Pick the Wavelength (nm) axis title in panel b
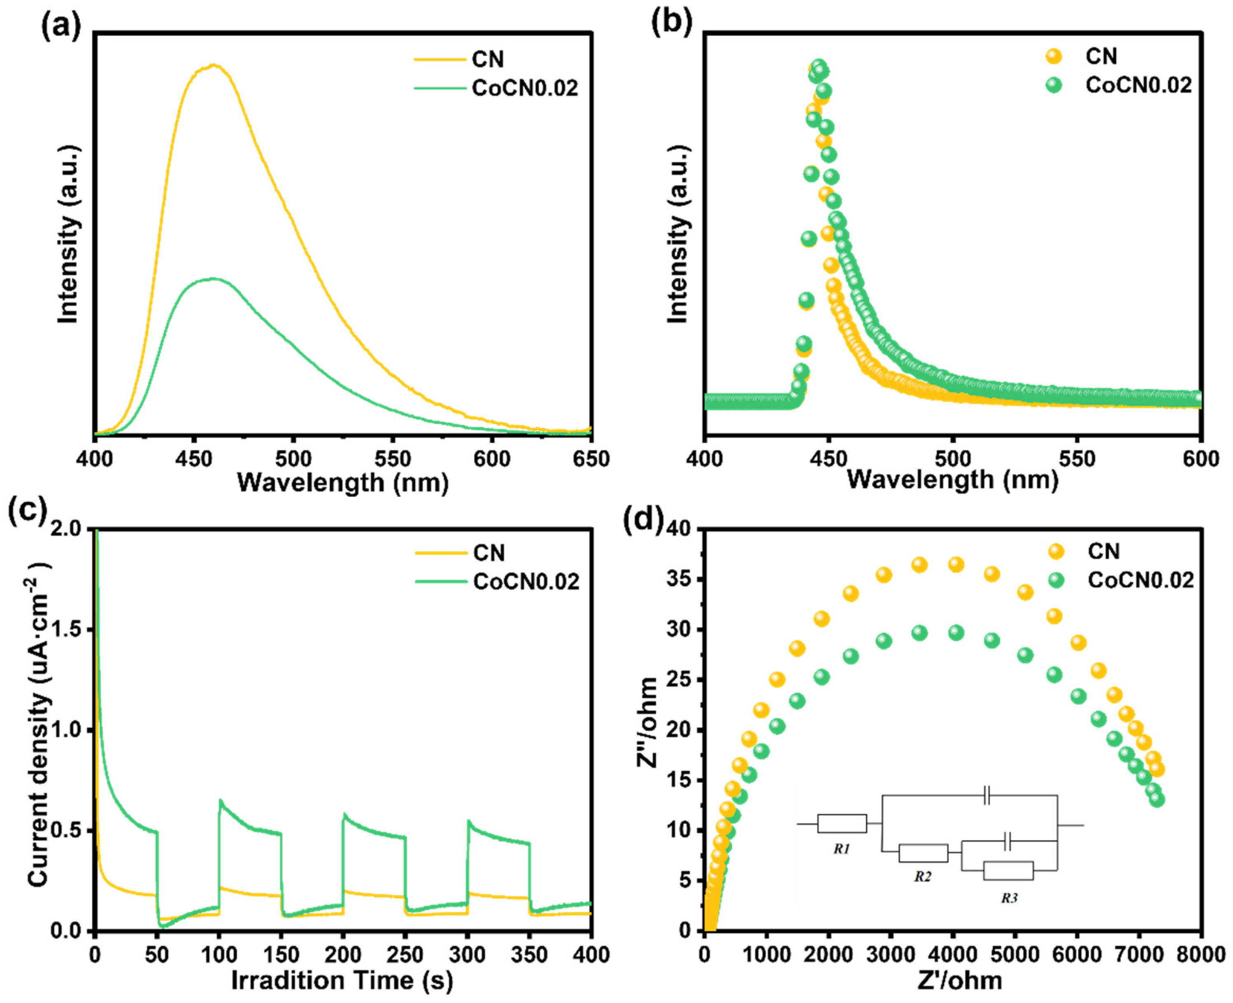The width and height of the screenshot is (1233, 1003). (952, 480)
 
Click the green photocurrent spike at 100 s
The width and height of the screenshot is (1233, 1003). (220, 800)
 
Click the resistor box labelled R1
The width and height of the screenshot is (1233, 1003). (842, 823)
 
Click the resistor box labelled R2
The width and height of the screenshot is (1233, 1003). (923, 853)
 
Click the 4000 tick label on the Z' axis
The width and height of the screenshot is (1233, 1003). (952, 954)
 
